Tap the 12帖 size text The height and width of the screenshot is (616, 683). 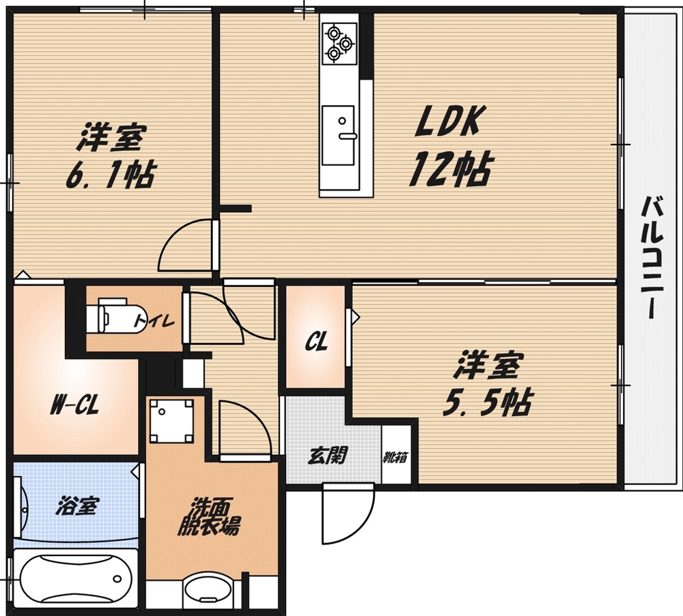(450, 168)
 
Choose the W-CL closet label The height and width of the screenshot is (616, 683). (75, 405)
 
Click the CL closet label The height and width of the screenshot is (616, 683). (316, 342)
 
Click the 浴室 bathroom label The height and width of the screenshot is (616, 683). (78, 505)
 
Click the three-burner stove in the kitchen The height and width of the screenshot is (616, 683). (339, 42)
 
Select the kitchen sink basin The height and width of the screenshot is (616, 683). (338, 135)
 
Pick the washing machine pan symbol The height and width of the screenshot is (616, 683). (171, 421)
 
